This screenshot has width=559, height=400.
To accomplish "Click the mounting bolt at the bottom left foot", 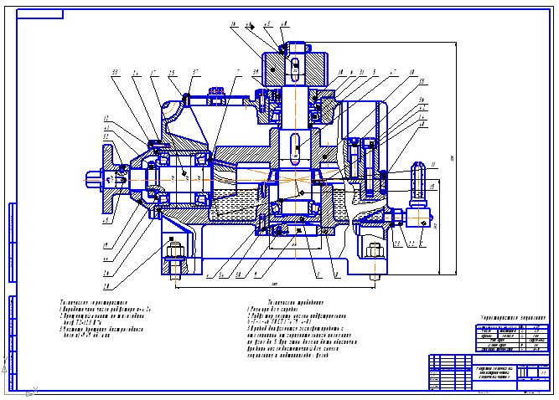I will [174, 256].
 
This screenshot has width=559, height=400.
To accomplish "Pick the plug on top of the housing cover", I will [216, 91].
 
